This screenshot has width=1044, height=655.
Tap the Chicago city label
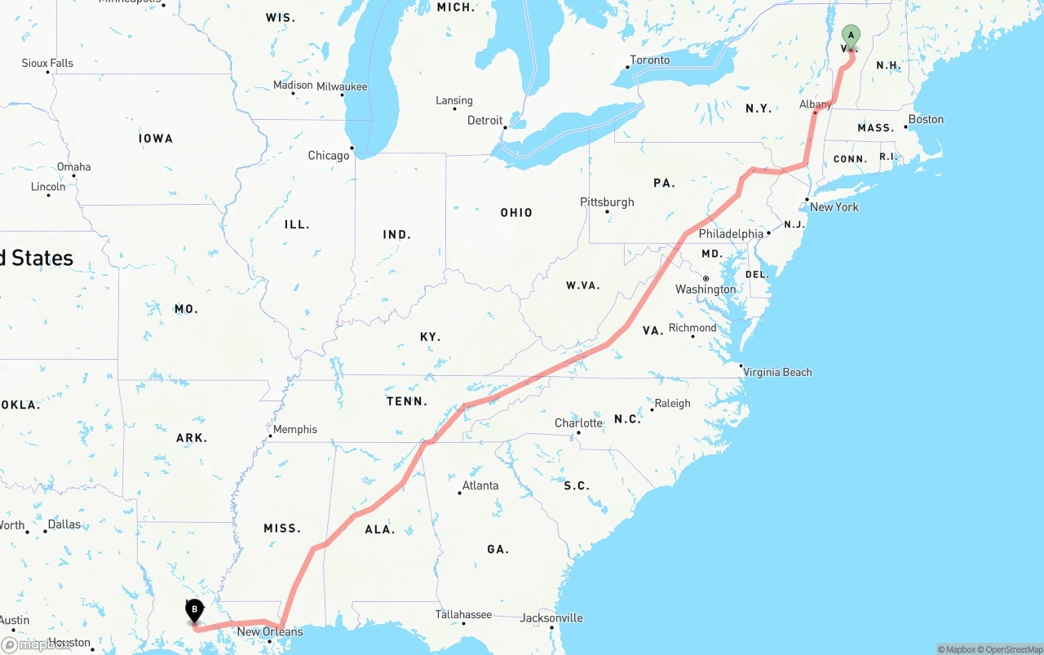328,156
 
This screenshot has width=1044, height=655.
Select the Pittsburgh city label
607,201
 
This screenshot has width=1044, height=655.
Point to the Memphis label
295,429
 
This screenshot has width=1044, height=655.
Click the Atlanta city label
480,485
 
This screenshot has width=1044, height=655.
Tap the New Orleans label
269,631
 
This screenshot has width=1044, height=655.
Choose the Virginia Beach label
777,372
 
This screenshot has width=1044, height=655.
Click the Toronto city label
650,60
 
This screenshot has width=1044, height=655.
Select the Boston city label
926,119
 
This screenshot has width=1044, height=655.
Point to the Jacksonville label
551,617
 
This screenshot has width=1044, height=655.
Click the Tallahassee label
463,614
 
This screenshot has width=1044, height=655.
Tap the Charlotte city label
578,423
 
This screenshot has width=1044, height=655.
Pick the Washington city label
706,290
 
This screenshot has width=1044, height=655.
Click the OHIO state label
516,212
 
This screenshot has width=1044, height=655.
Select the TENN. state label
407,401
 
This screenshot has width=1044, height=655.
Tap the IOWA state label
156,138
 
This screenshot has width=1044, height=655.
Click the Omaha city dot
73,176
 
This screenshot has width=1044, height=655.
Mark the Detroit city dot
506,127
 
